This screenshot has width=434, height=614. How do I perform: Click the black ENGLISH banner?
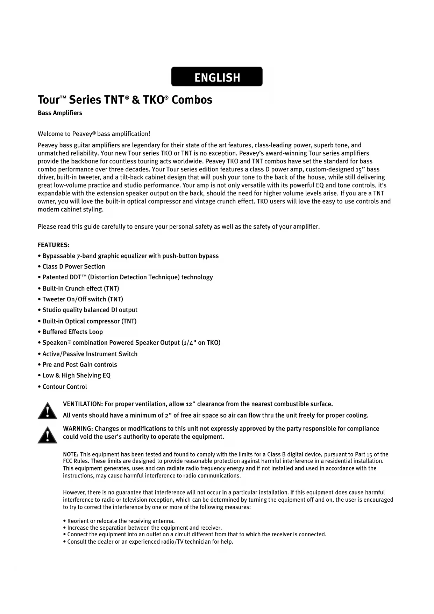tap(217, 77)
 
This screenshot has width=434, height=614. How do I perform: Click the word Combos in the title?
tap(192, 100)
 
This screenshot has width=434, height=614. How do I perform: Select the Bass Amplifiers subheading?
tap(60, 113)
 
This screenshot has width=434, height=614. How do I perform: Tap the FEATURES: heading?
tap(54, 245)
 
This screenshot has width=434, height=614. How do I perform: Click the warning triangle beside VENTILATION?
tap(48, 411)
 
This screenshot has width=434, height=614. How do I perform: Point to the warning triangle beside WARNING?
tap(48, 435)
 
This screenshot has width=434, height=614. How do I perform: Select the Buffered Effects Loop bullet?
tap(72, 332)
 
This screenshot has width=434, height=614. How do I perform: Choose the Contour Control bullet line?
tap(65, 387)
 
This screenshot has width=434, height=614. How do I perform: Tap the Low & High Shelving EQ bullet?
tap(76, 376)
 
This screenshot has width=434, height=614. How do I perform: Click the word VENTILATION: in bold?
tap(83, 404)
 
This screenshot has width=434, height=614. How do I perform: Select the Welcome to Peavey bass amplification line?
tap(94, 134)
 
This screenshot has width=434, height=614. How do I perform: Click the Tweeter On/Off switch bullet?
tap(83, 299)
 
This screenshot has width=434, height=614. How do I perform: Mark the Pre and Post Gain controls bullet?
tap(79, 365)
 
